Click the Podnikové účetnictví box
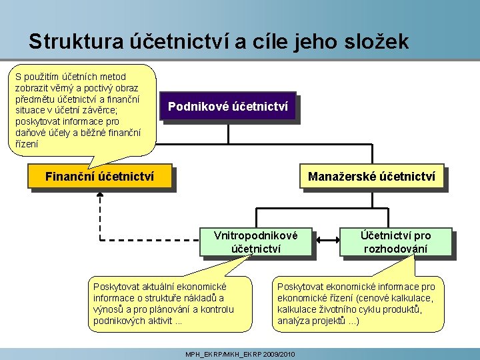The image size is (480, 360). pyautogui.click(x=227, y=106)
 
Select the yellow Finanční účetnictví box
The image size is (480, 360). pyautogui.click(x=99, y=177)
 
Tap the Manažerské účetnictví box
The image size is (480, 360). pyautogui.click(x=371, y=177)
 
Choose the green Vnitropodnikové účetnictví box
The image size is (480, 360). pyautogui.click(x=255, y=242)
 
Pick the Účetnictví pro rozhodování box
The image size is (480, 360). pyautogui.click(x=396, y=242)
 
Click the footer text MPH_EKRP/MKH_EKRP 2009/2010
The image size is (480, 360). pyautogui.click(x=239, y=353)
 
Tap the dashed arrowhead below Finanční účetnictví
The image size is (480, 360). pyautogui.click(x=100, y=195)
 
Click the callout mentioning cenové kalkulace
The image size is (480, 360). pyautogui.click(x=357, y=303)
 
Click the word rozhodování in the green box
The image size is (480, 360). pyautogui.click(x=396, y=249)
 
